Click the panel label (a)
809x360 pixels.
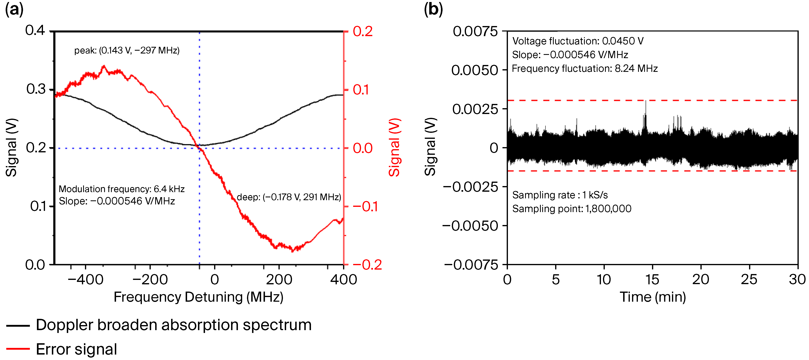tap(14, 9)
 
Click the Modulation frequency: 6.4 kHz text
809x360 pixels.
tap(121, 189)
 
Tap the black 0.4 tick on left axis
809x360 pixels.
tap(35, 30)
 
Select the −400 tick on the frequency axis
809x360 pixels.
tap(85, 279)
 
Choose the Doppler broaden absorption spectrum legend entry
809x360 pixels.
tap(173, 325)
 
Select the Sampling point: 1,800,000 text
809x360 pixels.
tap(571, 209)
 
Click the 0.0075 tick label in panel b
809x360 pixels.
tap(475, 31)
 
